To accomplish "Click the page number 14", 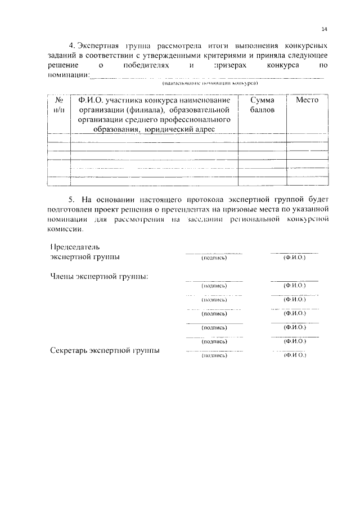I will (325, 29).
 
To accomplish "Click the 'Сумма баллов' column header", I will (262, 105).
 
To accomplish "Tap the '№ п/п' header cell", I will (57, 105).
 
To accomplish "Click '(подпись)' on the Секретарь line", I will (214, 355).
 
